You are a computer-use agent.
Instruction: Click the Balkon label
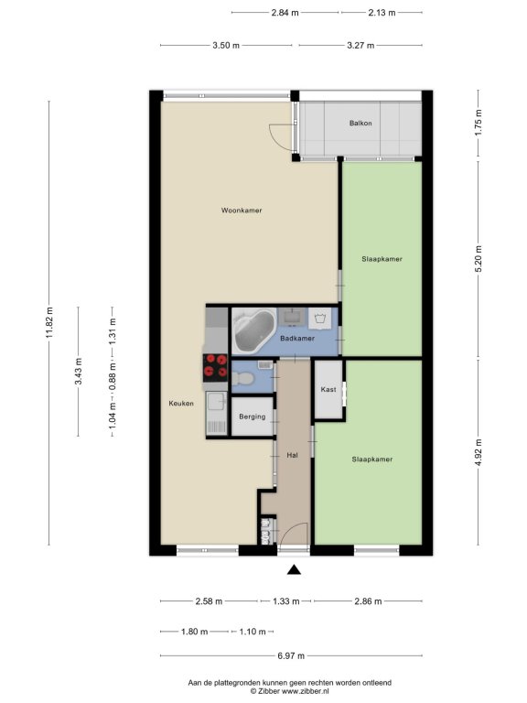[x=360, y=123]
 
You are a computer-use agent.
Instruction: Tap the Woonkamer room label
[x=242, y=211]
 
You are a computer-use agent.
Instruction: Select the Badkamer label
[x=297, y=339]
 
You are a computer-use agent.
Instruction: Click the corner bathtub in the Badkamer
[x=253, y=331]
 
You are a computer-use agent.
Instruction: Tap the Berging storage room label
[x=253, y=416]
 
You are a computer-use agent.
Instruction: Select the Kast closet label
[x=328, y=390]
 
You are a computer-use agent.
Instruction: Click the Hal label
[x=292, y=455]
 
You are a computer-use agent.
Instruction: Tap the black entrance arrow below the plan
[x=294, y=569]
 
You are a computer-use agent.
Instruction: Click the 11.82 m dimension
[x=48, y=323]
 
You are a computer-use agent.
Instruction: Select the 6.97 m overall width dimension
[x=291, y=656]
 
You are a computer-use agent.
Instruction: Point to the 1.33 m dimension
[x=285, y=601]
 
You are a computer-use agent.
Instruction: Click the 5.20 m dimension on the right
[x=479, y=259]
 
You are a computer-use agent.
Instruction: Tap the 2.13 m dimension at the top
[x=382, y=13]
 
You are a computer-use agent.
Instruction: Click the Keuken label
[x=181, y=403]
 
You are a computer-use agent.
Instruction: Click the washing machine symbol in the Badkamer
[x=320, y=319]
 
